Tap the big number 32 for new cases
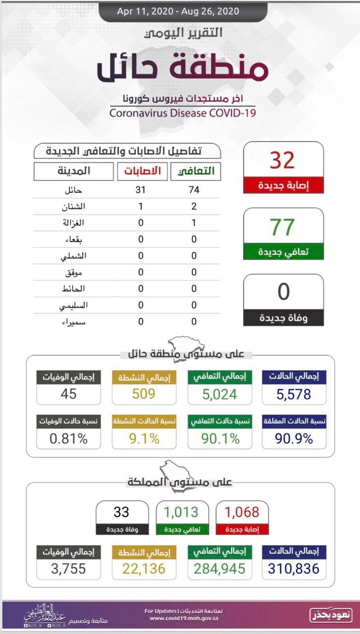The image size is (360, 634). pyautogui.click(x=283, y=160)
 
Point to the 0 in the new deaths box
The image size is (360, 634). pyautogui.click(x=283, y=292)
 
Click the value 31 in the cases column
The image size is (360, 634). pyautogui.click(x=141, y=190)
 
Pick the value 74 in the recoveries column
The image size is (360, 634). pyautogui.click(x=194, y=190)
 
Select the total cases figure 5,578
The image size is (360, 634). pyautogui.click(x=294, y=394)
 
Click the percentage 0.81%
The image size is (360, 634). pyautogui.click(x=68, y=438)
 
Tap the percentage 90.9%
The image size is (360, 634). pyautogui.click(x=294, y=438)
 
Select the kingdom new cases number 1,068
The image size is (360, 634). pyautogui.click(x=242, y=512)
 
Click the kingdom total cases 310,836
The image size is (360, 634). pyautogui.click(x=294, y=569)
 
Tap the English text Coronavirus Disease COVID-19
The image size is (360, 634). pyautogui.click(x=183, y=112)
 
